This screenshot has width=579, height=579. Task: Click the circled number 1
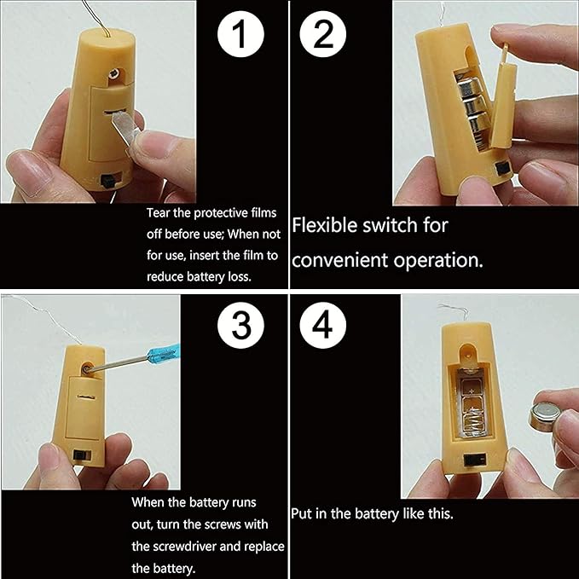coord(240,34)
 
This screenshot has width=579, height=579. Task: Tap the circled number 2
coord(323,34)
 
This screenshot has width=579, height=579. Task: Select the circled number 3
coord(240,326)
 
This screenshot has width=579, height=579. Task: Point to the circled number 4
coord(323,326)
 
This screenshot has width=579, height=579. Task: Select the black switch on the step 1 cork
coord(107,182)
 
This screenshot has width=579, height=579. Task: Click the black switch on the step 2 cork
coord(502,168)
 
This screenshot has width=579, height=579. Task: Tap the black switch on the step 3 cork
coord(79,455)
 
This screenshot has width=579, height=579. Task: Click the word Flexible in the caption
coord(325,225)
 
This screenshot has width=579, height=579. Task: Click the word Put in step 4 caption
coord(299,514)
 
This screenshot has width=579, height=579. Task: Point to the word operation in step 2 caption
coord(438,261)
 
